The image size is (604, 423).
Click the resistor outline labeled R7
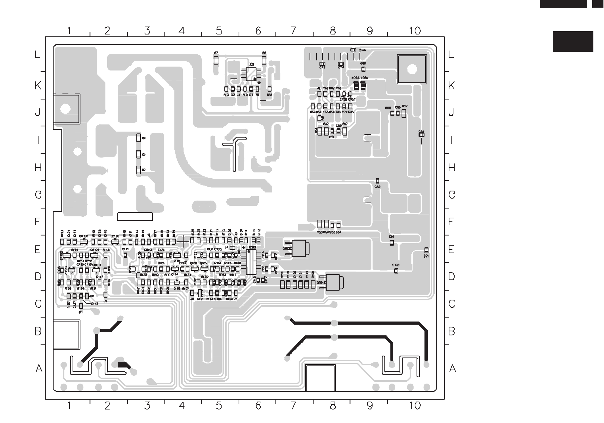coord(216,60)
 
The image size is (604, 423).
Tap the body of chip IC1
coord(251,74)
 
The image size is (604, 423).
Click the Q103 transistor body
coord(300,248)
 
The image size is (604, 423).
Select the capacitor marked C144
coord(353,50)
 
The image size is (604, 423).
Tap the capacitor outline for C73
coord(322,64)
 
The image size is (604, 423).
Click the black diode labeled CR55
coord(356,86)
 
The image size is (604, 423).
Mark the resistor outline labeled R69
coord(404,113)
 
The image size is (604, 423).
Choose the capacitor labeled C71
coord(426,250)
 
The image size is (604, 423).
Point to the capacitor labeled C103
coord(396,271)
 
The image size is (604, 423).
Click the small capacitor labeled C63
coord(377,181)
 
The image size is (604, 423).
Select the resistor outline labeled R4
coord(138,138)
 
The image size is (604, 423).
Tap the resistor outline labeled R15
coord(270,89)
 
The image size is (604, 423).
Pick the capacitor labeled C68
coord(392,243)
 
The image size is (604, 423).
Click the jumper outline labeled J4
coord(232,248)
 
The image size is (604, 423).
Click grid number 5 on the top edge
coord(219,31)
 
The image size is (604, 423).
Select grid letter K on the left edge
coord(38,86)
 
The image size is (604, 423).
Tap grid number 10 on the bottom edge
coord(415,406)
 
